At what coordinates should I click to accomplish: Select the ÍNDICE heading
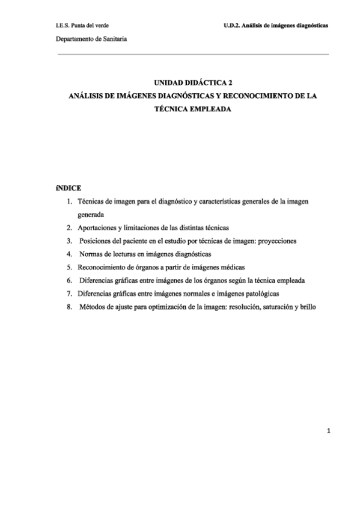(67, 188)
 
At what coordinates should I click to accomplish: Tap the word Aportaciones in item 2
(98, 227)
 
